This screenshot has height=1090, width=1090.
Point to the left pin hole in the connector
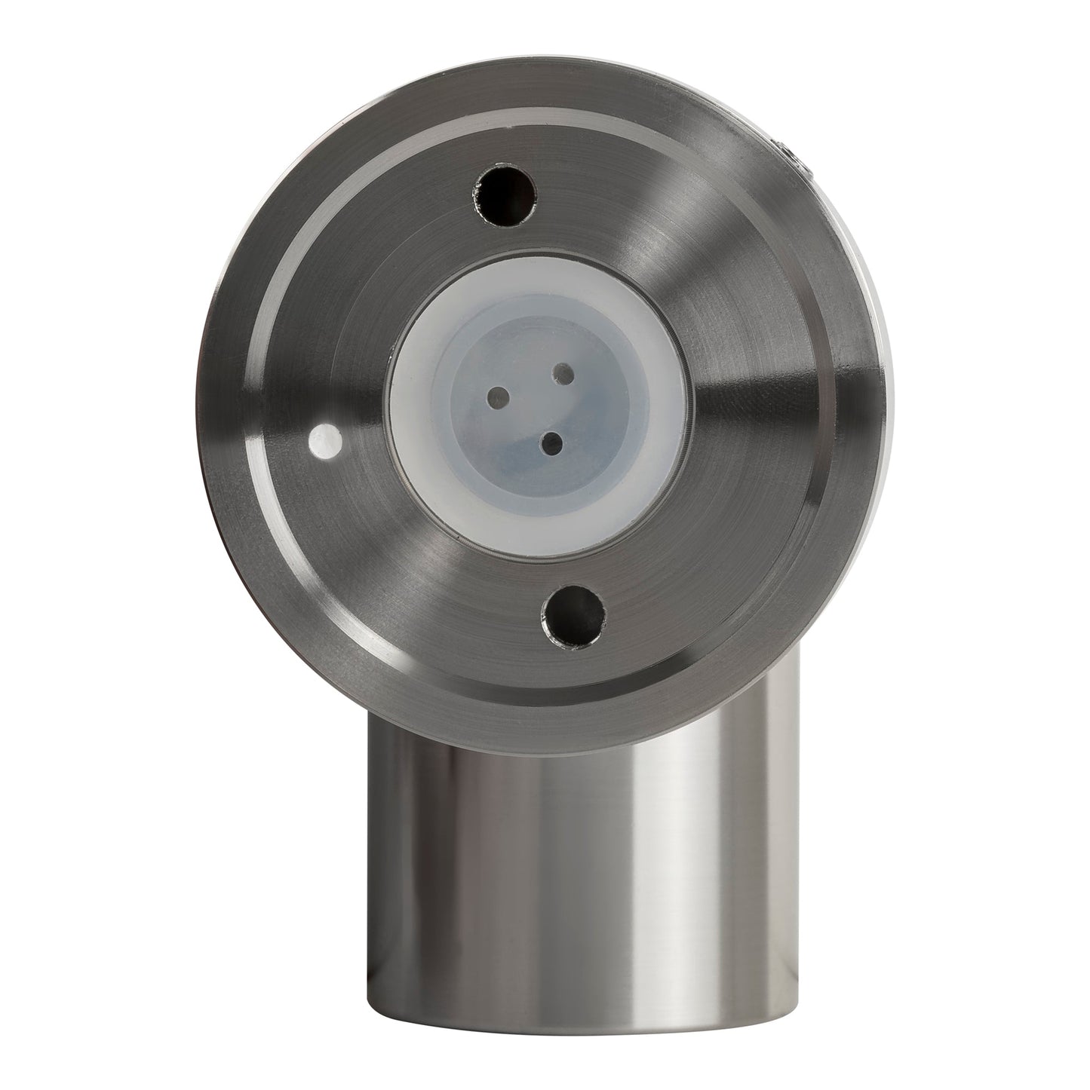[x=497, y=394]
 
